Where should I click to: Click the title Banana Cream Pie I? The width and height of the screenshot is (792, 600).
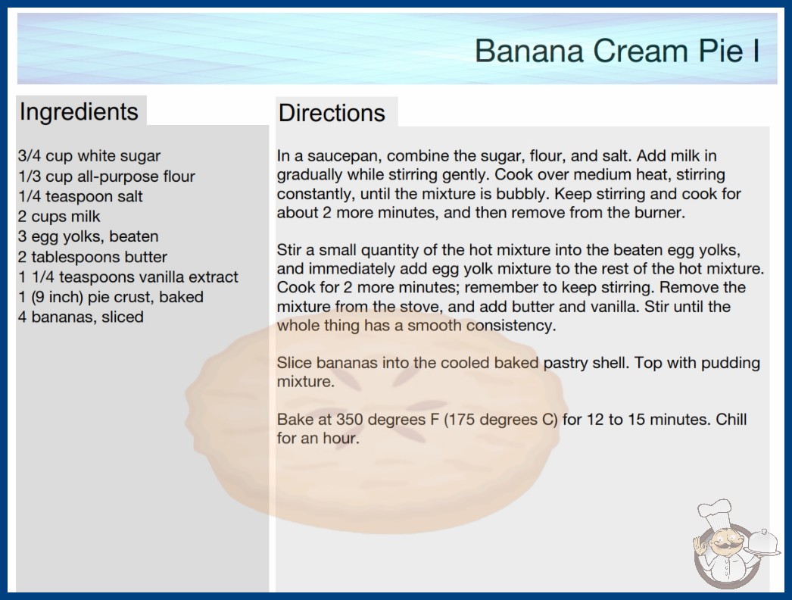(617, 51)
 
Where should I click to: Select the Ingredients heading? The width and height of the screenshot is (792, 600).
(79, 111)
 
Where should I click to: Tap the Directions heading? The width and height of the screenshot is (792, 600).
(332, 113)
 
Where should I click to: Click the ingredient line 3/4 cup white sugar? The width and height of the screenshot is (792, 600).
(89, 156)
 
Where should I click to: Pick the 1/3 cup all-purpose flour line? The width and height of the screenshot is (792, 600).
(107, 176)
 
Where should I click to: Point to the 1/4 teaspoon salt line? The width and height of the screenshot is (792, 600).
(81, 196)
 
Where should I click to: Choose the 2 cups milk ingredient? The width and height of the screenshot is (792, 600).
(59, 217)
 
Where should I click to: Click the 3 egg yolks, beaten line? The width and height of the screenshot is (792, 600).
(89, 236)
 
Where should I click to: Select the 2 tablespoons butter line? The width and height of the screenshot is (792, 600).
(92, 257)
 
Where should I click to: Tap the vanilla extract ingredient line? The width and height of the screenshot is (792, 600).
(128, 277)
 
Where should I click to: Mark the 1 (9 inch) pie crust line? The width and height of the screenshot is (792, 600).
(111, 297)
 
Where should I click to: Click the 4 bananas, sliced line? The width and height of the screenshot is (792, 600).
(81, 317)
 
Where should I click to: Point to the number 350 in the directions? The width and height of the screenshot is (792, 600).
(351, 419)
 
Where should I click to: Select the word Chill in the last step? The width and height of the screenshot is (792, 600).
(731, 419)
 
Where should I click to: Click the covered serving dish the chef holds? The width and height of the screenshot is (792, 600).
(762, 543)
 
